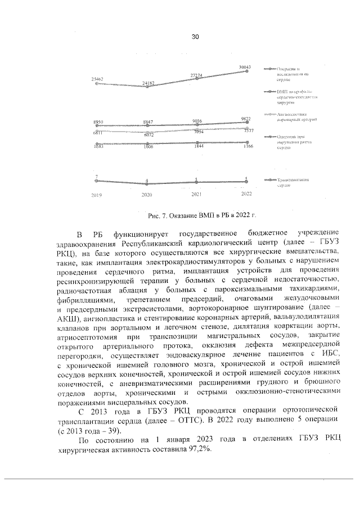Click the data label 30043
point(244,67)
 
